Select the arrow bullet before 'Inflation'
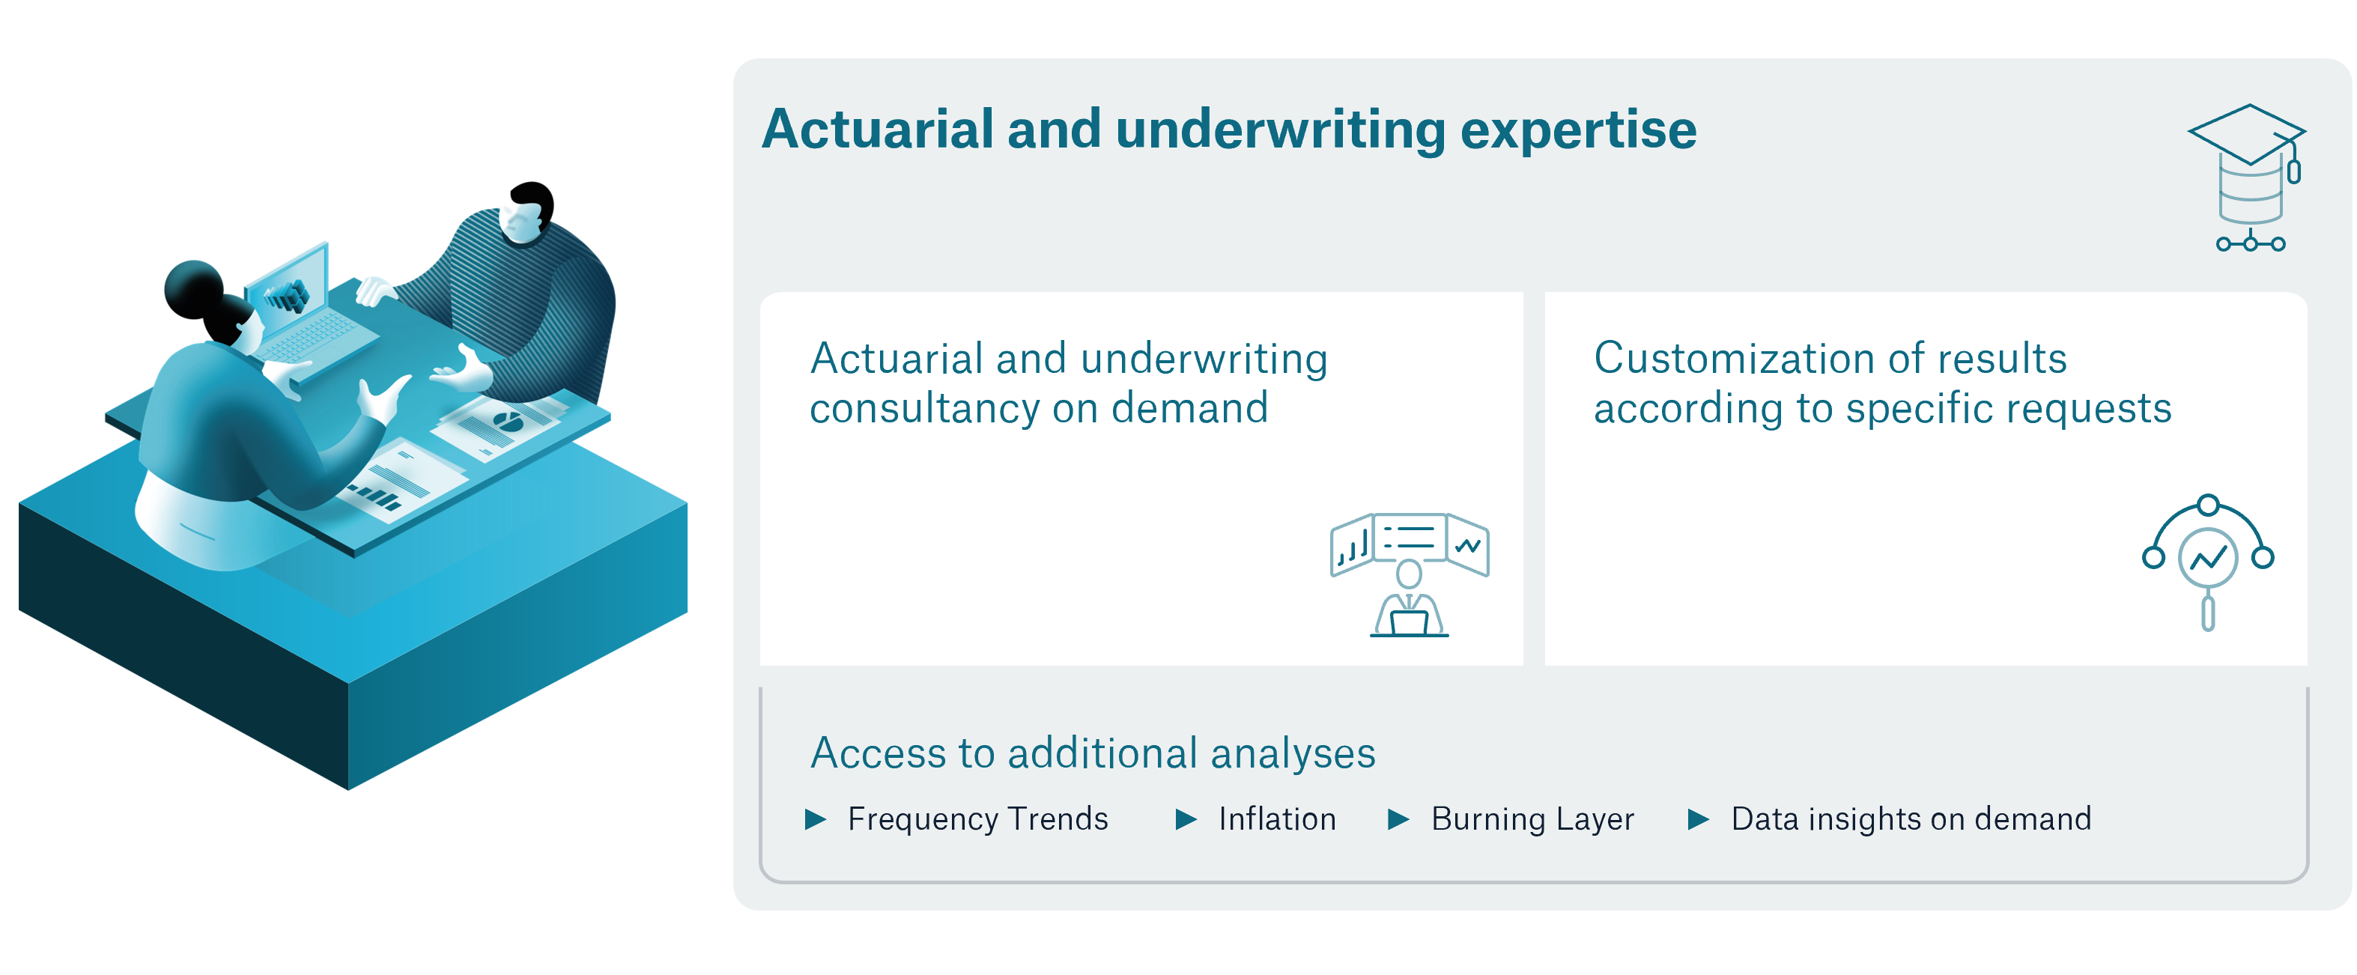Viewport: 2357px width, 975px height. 1185,818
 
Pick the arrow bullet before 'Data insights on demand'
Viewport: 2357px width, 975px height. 1697,818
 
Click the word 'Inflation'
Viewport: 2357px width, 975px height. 1277,818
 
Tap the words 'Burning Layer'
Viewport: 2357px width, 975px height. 1532,818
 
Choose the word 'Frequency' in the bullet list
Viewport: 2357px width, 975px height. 921,818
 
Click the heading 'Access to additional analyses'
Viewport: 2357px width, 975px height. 1093,753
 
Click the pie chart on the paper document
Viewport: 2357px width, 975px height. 507,422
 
